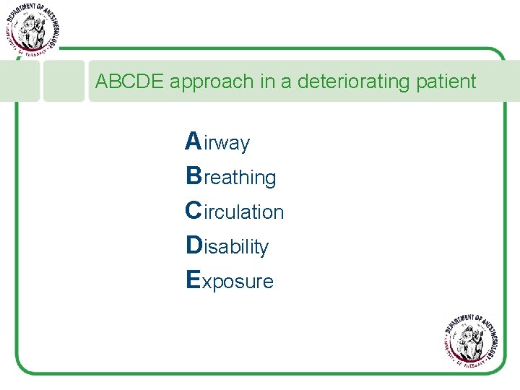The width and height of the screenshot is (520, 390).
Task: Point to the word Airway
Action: click(217, 142)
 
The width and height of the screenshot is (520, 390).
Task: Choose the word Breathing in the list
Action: click(230, 176)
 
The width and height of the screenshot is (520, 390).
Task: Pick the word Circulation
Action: click(235, 211)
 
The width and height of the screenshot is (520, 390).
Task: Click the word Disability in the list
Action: click(227, 246)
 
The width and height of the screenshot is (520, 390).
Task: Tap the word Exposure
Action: click(230, 280)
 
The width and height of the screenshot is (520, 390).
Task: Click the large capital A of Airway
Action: click(193, 141)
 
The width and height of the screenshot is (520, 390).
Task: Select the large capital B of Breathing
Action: click(194, 175)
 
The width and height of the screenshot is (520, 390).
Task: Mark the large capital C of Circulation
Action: click(194, 210)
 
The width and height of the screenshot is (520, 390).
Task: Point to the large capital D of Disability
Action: click(194, 245)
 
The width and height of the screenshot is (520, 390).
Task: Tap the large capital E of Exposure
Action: click(193, 279)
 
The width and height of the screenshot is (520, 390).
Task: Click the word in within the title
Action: click(267, 82)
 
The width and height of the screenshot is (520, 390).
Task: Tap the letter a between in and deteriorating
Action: click(285, 82)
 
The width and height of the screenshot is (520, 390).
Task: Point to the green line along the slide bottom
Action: click(260, 373)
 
